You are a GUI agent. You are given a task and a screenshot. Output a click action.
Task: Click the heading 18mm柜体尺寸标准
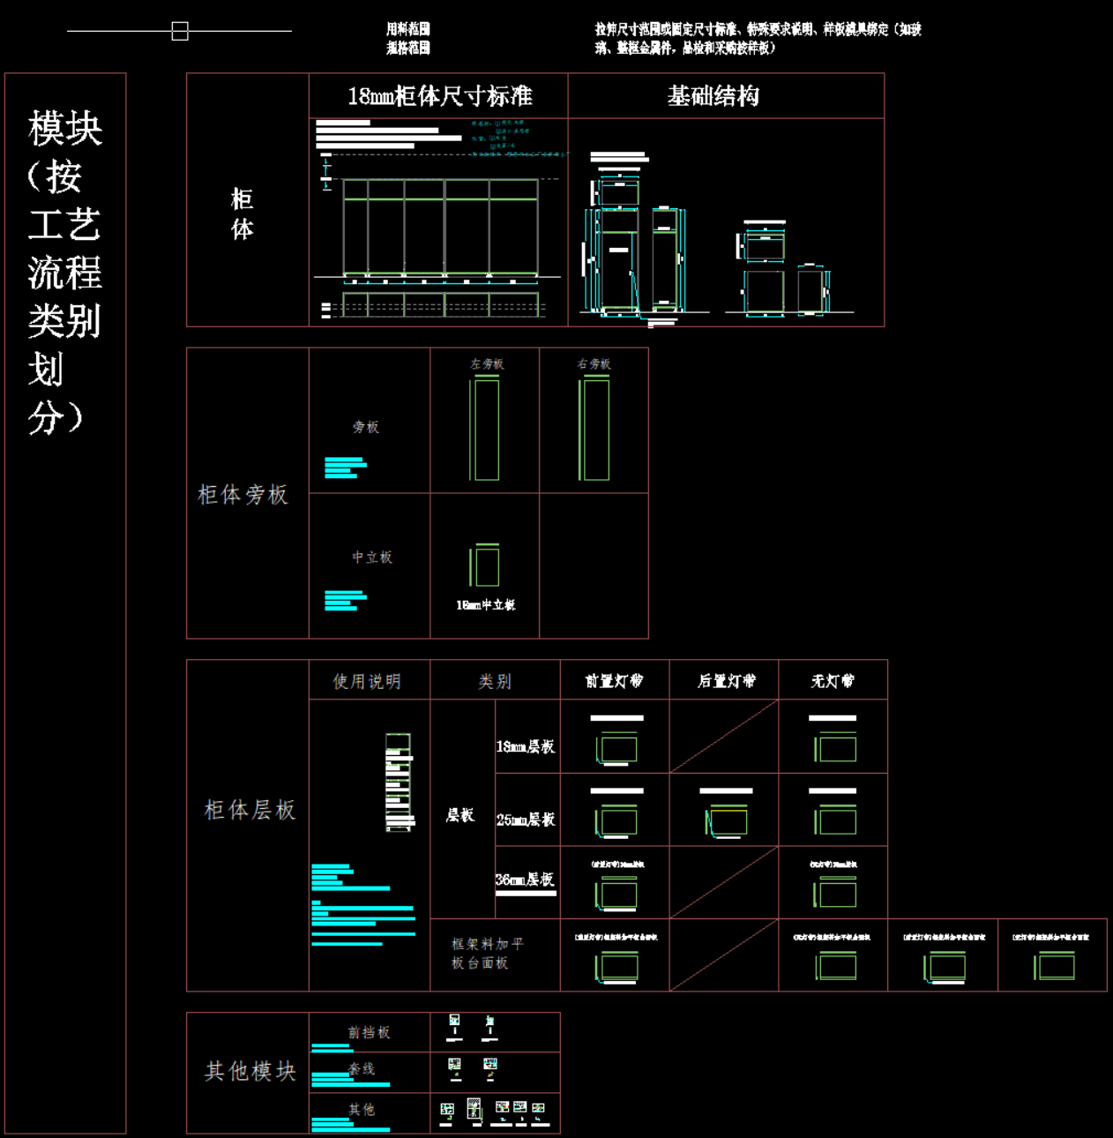(439, 96)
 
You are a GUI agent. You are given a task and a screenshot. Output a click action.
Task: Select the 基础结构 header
(713, 96)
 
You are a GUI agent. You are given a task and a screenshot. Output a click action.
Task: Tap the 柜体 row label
(243, 214)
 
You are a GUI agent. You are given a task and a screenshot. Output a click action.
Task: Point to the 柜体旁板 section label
(243, 495)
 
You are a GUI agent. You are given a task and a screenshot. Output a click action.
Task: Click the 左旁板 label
(486, 363)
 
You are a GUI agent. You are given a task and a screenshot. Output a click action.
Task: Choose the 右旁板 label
(594, 363)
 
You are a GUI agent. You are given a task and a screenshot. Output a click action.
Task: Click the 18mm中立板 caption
(485, 605)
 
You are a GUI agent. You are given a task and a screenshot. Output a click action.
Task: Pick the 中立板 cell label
(372, 558)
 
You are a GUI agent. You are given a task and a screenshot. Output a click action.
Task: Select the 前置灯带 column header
(614, 681)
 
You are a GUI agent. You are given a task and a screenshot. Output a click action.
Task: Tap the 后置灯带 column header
(726, 681)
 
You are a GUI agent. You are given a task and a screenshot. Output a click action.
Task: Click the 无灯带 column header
(833, 681)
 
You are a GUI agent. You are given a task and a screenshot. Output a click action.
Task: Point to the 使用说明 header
(367, 682)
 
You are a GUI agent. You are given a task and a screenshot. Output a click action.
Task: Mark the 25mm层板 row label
(526, 820)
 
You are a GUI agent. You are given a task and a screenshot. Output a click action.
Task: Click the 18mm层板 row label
(526, 747)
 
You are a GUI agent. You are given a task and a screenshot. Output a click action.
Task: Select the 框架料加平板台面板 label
(488, 954)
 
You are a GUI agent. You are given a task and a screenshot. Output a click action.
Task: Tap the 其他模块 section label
(250, 1071)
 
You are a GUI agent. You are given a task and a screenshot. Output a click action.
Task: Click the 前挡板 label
(369, 1032)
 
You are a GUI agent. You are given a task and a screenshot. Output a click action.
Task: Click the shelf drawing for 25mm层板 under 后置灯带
(726, 820)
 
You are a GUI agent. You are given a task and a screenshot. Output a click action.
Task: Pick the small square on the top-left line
(180, 32)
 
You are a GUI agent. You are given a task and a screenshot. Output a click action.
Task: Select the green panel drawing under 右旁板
(594, 429)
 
